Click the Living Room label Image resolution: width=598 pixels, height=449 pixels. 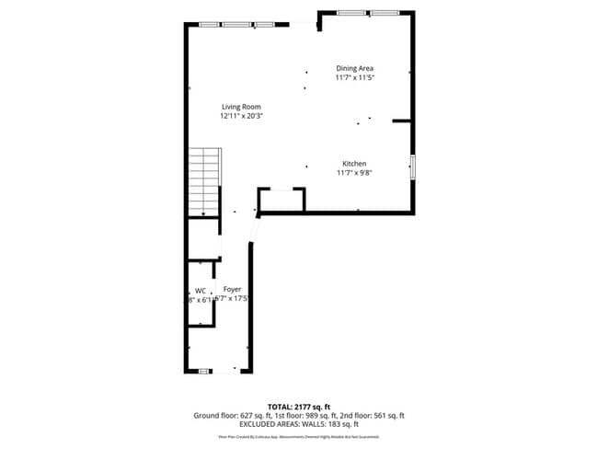coord(241,107)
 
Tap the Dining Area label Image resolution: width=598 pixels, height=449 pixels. coord(354,68)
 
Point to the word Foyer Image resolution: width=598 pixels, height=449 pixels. coord(232,289)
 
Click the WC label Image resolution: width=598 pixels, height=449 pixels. coord(200,290)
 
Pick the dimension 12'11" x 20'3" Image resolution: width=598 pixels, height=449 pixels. coord(241,117)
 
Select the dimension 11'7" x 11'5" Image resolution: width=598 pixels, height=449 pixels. coord(354,78)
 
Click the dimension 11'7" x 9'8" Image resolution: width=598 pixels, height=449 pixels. coord(354,171)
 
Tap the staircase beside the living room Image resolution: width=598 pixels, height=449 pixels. coord(204,181)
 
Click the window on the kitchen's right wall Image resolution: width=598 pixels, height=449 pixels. coord(412,167)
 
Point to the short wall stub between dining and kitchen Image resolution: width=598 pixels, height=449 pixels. coord(401,121)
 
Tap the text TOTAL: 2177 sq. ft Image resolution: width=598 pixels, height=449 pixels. coord(298,406)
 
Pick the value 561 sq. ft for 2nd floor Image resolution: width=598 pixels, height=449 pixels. coord(387,416)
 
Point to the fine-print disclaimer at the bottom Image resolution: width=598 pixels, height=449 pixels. coord(298,436)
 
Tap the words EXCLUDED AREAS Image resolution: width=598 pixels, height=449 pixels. coord(268,425)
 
